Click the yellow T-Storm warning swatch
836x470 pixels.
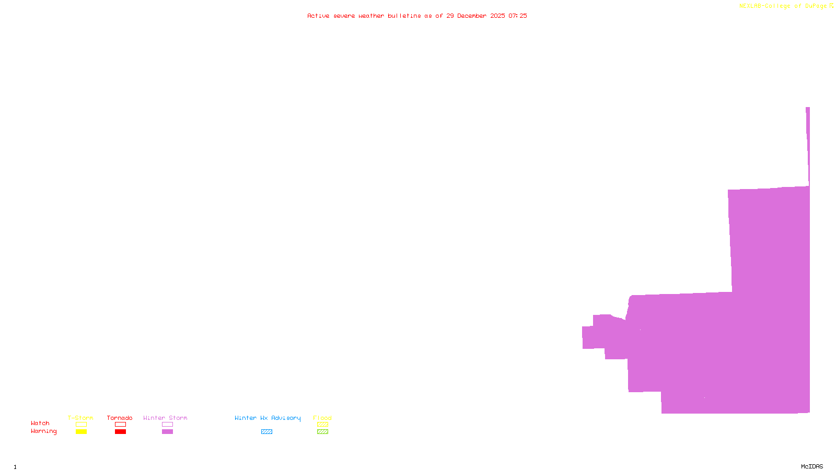[x=81, y=432]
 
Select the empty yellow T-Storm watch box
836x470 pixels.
[x=81, y=425]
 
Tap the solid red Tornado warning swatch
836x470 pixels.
[x=121, y=432]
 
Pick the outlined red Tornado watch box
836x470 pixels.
[x=121, y=425]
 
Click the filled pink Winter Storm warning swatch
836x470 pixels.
[x=167, y=432]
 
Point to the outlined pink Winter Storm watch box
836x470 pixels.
[x=167, y=425]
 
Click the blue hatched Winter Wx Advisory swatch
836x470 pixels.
[x=266, y=432]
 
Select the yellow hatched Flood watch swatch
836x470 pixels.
[x=322, y=425]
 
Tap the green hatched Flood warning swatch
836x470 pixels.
[x=322, y=432]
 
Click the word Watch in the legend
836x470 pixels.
[x=40, y=424]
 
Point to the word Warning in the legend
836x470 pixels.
[x=43, y=431]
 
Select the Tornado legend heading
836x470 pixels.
[x=120, y=418]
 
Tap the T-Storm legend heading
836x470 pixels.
[x=80, y=418]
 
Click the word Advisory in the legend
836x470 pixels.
[x=286, y=418]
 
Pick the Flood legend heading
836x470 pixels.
[x=322, y=418]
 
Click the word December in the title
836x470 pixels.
[x=472, y=16]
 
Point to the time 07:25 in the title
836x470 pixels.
[x=518, y=16]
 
